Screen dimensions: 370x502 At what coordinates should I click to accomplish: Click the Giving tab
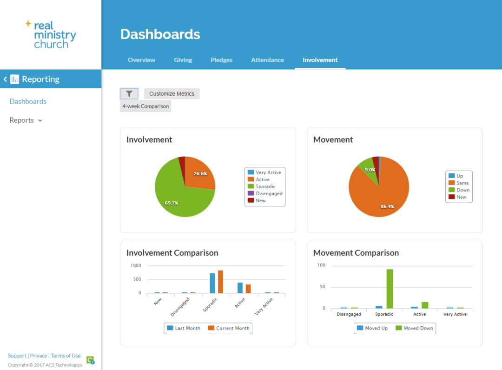click(183, 60)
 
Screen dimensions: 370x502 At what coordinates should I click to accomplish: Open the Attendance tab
click(267, 60)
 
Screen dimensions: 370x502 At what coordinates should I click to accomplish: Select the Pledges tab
click(221, 60)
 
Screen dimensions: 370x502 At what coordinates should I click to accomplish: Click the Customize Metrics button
click(172, 93)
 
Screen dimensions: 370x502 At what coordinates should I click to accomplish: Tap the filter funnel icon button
click(129, 93)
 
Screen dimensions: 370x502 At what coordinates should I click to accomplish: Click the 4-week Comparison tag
click(145, 106)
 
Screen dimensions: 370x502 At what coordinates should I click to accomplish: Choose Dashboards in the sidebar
click(28, 101)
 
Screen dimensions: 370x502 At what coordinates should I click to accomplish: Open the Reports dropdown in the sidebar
click(26, 120)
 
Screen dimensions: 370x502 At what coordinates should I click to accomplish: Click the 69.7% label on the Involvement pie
click(172, 203)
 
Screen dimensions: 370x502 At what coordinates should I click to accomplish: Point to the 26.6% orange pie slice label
click(200, 173)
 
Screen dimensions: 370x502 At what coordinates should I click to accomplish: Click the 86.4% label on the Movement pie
click(387, 206)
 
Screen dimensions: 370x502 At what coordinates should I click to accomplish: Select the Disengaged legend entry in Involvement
click(269, 193)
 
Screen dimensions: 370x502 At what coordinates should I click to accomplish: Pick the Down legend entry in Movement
click(462, 190)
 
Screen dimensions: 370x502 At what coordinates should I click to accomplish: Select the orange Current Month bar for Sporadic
click(220, 282)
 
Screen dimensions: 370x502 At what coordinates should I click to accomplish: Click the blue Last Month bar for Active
click(240, 288)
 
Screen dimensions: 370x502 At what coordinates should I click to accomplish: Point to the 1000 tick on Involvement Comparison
click(136, 265)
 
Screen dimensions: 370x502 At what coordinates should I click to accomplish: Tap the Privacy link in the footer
click(39, 356)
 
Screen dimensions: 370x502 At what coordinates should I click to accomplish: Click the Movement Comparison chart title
click(356, 253)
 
